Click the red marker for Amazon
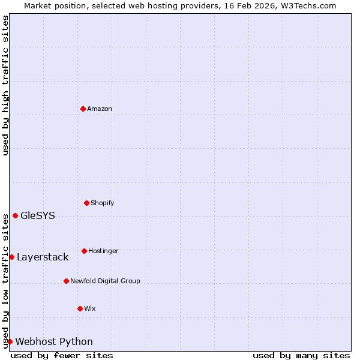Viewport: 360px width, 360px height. click(x=83, y=109)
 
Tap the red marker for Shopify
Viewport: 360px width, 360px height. click(x=86, y=203)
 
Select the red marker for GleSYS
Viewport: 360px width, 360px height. click(x=15, y=215)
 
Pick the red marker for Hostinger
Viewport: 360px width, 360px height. click(x=84, y=251)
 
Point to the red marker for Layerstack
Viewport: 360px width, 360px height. click(x=11, y=257)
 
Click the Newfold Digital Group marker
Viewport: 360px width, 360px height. click(x=66, y=281)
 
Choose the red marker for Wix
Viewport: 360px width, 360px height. click(x=80, y=308)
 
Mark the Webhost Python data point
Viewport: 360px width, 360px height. click(x=10, y=341)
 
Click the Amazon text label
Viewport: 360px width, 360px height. click(x=100, y=109)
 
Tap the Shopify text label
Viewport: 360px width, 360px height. click(x=103, y=203)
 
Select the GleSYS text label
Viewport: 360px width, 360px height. click(x=38, y=215)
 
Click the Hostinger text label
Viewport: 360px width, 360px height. click(x=103, y=251)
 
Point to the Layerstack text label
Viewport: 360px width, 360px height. click(x=43, y=257)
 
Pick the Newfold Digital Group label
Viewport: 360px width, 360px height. click(x=105, y=281)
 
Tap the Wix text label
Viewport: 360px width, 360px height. click(x=90, y=308)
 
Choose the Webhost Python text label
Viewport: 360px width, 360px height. click(x=54, y=341)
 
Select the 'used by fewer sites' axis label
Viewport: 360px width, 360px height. click(x=62, y=355)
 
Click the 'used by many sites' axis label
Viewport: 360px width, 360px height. click(x=301, y=355)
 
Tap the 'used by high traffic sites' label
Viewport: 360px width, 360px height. click(x=5, y=85)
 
